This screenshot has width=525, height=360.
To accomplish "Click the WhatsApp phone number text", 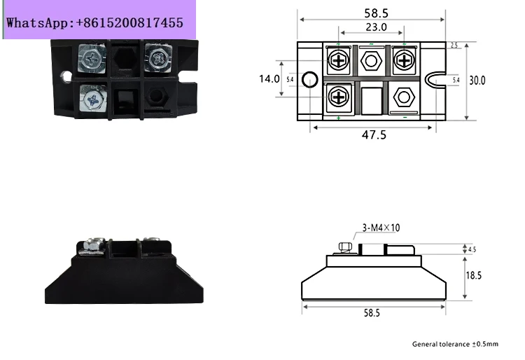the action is (x=94, y=23).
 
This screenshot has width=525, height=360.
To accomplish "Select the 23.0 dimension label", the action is (x=376, y=27).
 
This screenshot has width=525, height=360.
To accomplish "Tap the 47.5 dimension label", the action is (x=374, y=134).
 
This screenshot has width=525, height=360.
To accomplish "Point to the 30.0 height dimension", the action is (x=477, y=81).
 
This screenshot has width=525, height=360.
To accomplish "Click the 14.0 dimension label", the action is (x=269, y=78).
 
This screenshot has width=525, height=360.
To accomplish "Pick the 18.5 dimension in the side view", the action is (x=474, y=275).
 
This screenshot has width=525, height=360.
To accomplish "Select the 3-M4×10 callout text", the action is (x=381, y=228).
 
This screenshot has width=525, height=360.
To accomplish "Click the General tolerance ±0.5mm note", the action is (x=455, y=344).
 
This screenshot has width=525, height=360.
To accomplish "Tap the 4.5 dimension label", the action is (x=472, y=249).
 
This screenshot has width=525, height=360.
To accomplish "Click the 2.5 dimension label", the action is (x=454, y=46).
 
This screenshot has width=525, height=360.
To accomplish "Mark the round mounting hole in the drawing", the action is (x=309, y=79).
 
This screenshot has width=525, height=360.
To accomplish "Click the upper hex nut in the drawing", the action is (x=371, y=61).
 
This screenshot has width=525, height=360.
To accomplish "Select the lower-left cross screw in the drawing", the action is (x=339, y=97).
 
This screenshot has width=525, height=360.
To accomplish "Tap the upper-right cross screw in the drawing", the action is (x=404, y=60).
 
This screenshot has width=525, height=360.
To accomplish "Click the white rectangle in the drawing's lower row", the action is (x=372, y=101).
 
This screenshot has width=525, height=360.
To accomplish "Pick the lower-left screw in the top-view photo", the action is (x=92, y=99).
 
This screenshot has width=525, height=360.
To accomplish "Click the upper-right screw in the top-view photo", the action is (x=157, y=58).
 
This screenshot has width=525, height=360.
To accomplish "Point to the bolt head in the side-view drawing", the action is (x=345, y=247).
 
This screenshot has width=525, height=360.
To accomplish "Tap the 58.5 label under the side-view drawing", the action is (x=372, y=313).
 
